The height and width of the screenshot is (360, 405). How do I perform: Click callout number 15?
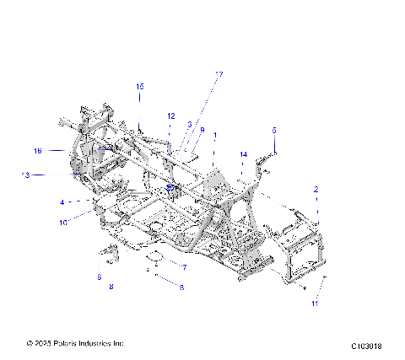(140, 87)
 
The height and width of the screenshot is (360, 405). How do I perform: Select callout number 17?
(219, 75)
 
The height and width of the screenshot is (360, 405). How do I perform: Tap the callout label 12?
(190, 124)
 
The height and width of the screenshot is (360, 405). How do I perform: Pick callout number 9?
(202, 130)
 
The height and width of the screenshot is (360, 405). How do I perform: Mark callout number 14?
(243, 154)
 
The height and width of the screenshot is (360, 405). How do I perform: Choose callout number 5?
(273, 130)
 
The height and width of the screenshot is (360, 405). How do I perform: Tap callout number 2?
(316, 190)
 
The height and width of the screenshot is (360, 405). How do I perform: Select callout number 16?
(37, 151)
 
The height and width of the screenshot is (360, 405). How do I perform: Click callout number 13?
(25, 175)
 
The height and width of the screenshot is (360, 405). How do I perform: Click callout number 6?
(99, 277)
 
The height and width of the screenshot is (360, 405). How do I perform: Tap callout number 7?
(184, 266)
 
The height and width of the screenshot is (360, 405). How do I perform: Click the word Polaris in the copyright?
(70, 344)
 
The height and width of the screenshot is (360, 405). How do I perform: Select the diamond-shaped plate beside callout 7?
(154, 255)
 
